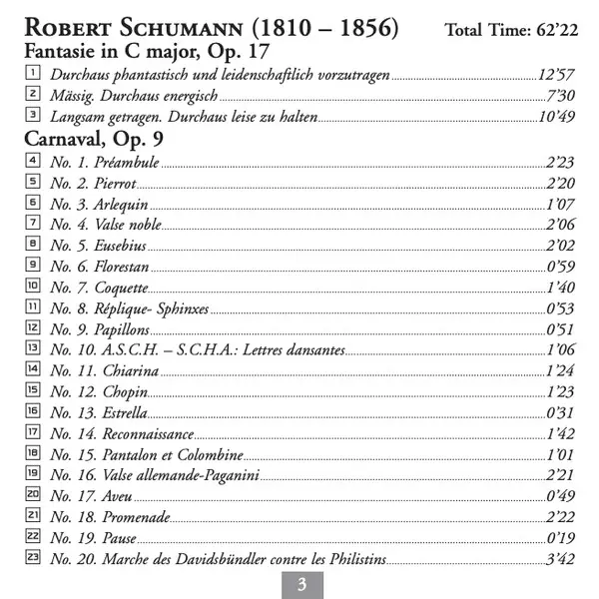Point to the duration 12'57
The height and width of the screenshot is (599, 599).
(557, 75)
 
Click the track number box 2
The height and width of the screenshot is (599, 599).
(34, 95)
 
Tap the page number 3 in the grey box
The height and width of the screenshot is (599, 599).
(300, 584)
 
